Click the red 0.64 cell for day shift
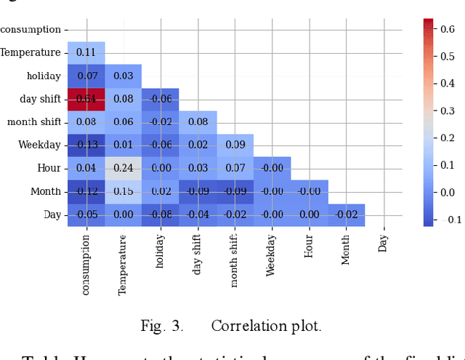86,99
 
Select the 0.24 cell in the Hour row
124,169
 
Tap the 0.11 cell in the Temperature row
86,52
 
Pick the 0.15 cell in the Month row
124,192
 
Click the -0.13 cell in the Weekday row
86,145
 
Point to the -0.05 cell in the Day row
86,215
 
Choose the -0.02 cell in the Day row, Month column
347,215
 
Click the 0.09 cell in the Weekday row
235,145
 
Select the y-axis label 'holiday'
44,76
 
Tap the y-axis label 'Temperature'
31,52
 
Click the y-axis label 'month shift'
33,122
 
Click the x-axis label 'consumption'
86,263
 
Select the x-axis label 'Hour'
310,247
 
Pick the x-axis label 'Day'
384,242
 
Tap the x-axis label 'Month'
347,249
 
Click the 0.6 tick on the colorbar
449,29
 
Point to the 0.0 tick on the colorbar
449,192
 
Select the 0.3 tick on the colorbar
449,111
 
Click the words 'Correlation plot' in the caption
266,326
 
